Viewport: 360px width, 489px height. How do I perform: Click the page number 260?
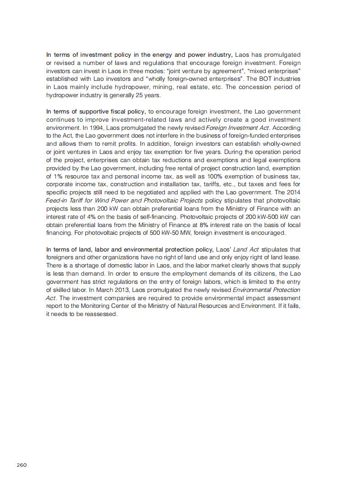(22, 465)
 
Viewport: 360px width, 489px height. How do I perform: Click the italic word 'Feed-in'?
(56, 200)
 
